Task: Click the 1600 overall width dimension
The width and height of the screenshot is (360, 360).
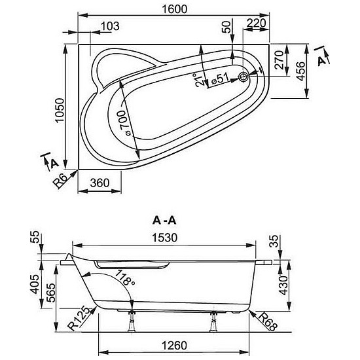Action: click(175, 9)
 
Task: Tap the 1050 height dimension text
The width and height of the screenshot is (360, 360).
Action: click(60, 111)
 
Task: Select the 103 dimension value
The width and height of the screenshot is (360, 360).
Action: click(110, 26)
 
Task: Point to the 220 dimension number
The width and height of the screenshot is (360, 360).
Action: click(257, 23)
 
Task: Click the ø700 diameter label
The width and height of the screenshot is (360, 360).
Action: click(124, 123)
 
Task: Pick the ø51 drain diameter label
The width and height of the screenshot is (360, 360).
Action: click(220, 79)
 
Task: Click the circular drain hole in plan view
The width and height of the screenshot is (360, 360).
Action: click(243, 77)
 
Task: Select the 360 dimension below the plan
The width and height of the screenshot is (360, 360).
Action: click(99, 183)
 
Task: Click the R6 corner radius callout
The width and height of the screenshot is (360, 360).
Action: click(61, 181)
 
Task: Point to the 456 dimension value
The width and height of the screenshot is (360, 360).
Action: click(301, 71)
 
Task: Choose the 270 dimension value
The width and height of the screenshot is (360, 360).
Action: click(279, 60)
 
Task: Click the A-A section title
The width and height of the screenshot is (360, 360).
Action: click(164, 221)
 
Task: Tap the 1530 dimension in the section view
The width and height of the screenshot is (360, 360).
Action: click(165, 238)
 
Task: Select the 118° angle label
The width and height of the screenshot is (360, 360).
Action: click(125, 278)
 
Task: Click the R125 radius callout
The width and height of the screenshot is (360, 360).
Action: click(80, 318)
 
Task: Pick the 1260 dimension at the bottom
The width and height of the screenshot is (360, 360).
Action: click(175, 346)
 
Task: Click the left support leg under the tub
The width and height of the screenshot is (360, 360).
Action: click(132, 321)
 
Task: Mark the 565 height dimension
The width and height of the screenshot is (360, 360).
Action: click(51, 293)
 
